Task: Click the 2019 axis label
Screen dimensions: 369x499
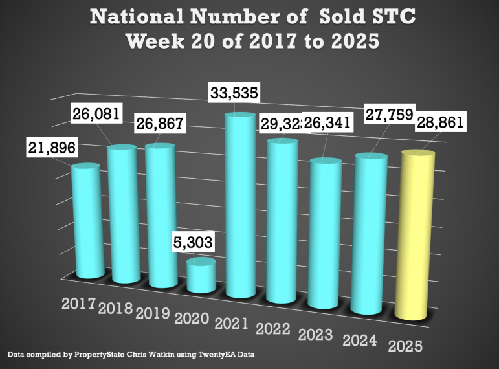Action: [153, 313]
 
